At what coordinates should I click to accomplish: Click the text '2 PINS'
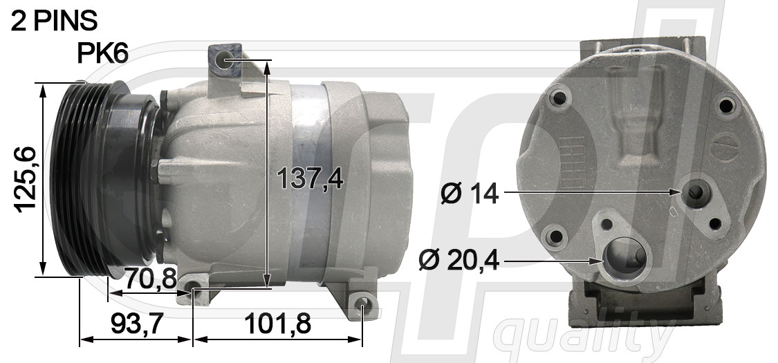[x=54, y=21]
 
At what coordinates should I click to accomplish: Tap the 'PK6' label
[x=103, y=53]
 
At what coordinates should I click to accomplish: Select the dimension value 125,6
[x=25, y=180]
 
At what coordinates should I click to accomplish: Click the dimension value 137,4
[x=310, y=178]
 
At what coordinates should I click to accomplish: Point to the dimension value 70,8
[x=150, y=279]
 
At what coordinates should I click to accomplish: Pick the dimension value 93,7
[x=137, y=324]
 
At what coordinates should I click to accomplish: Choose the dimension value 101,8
[x=277, y=324]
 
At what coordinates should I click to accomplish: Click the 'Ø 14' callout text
[x=470, y=194]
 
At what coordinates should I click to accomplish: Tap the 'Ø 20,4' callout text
[x=459, y=261]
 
